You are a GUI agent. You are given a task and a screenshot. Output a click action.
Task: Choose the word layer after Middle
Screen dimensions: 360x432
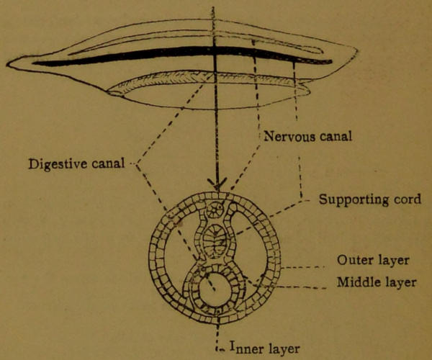tap(400, 282)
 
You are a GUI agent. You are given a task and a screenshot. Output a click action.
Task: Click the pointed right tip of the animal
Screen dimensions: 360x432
tap(356, 50)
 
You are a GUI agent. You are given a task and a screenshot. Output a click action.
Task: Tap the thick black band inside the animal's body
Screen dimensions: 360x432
tap(180, 53)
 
